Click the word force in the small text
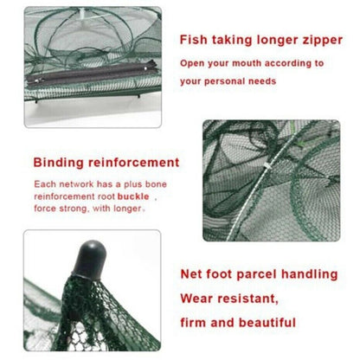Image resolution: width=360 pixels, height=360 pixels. pyautogui.click(x=46, y=208)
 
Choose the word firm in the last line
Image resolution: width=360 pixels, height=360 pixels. pyautogui.click(x=196, y=322)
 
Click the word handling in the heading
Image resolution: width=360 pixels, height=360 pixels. pyautogui.click(x=313, y=273)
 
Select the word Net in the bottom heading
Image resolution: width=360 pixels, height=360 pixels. pyautogui.click(x=192, y=273)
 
